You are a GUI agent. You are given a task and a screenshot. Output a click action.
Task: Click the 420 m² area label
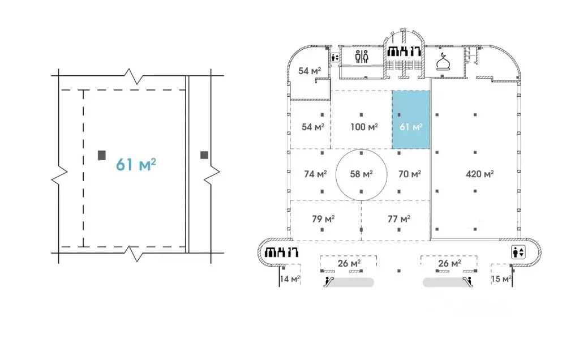click(x=479, y=174)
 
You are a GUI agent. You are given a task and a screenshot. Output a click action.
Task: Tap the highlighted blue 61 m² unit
click(x=411, y=119)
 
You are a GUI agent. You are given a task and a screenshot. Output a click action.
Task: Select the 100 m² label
click(x=364, y=127)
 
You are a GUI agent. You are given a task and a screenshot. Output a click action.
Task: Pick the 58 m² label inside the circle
click(x=361, y=174)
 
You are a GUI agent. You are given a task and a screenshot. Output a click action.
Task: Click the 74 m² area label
click(x=315, y=174)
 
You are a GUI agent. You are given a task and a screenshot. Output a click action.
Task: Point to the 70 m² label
click(x=410, y=174)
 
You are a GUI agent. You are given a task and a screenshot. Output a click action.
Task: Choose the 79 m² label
click(x=323, y=219)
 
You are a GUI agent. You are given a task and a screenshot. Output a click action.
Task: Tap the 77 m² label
click(x=399, y=219)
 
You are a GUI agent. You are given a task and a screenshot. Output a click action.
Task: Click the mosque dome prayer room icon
click(x=443, y=61)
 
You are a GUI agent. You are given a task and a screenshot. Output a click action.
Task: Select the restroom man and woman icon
click(x=362, y=57)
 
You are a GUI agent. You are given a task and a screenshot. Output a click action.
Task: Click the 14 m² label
click(x=290, y=278)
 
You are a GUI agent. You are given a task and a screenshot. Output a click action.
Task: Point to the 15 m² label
click(x=501, y=278)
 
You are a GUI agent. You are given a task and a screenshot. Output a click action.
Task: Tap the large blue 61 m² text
click(x=136, y=164)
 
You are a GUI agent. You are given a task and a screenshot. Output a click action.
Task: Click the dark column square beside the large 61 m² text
click(x=102, y=155)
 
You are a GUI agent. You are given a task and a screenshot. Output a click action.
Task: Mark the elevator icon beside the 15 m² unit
click(x=518, y=252)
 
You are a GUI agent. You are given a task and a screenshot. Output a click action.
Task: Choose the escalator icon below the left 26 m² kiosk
click(x=329, y=282)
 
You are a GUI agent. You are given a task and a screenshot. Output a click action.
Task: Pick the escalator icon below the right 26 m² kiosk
click(x=468, y=282)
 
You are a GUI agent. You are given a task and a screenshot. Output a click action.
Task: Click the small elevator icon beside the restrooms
click(x=335, y=58)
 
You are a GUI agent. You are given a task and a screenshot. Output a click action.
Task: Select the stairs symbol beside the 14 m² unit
click(x=282, y=252)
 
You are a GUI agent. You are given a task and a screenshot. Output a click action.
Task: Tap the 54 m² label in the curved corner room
click(x=310, y=71)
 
